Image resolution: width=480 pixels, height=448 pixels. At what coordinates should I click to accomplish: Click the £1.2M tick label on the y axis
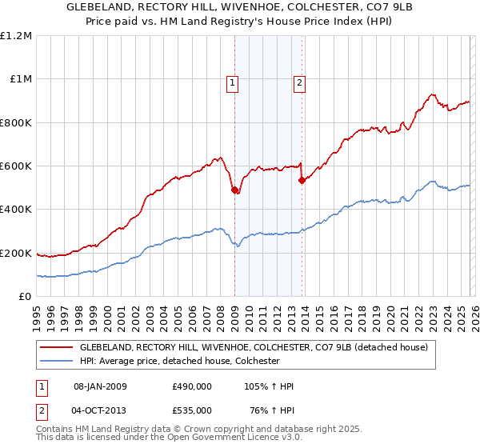(x=16, y=36)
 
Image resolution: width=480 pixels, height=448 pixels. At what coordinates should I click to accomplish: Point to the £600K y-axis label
(x=16, y=166)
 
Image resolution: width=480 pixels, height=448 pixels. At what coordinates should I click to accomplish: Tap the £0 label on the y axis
(x=24, y=297)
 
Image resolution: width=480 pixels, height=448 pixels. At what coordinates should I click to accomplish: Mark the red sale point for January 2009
(x=234, y=190)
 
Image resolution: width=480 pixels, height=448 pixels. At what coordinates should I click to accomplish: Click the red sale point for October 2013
(x=302, y=181)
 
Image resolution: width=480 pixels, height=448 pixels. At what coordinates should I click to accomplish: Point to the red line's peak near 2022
(x=431, y=94)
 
